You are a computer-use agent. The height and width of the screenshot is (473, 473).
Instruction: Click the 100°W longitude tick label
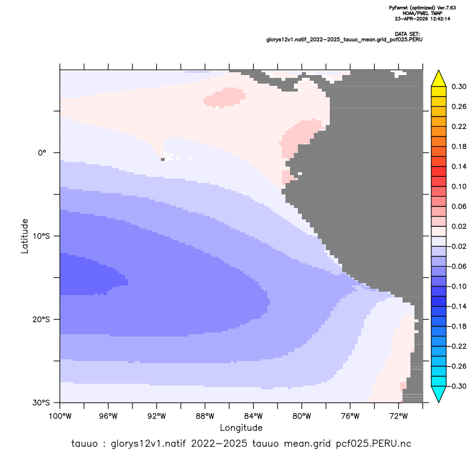click(x=60, y=416)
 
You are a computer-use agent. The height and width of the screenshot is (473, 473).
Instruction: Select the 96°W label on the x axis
click(x=108, y=416)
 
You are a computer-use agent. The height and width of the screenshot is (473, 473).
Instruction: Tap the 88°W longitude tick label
click(x=205, y=416)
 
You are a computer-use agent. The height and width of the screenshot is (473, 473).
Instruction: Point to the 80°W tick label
click(x=302, y=416)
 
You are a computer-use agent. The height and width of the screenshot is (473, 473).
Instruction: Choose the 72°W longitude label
click(x=399, y=416)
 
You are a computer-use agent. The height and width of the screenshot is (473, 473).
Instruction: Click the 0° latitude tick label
click(x=42, y=153)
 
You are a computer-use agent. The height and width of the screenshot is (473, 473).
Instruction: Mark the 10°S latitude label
click(x=41, y=236)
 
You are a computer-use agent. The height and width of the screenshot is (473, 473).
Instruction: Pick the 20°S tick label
click(x=41, y=319)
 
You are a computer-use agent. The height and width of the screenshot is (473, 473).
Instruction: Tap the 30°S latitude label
click(x=41, y=403)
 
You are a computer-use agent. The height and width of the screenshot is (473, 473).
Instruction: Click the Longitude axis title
click(x=241, y=428)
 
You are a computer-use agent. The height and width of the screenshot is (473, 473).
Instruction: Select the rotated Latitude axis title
click(x=24, y=236)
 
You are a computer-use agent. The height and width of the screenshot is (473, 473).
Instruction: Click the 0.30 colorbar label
click(x=459, y=86)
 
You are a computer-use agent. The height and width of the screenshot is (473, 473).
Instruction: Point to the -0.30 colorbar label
click(x=457, y=386)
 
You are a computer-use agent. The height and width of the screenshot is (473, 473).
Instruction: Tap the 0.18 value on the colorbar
click(x=459, y=147)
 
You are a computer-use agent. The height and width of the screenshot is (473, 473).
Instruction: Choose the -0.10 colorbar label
click(x=457, y=287)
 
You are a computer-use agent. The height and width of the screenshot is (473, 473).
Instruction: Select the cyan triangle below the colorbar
click(x=439, y=393)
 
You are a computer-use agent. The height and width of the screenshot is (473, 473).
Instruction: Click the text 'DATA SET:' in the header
click(x=407, y=34)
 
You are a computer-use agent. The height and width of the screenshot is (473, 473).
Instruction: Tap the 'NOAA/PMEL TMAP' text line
click(x=422, y=13)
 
